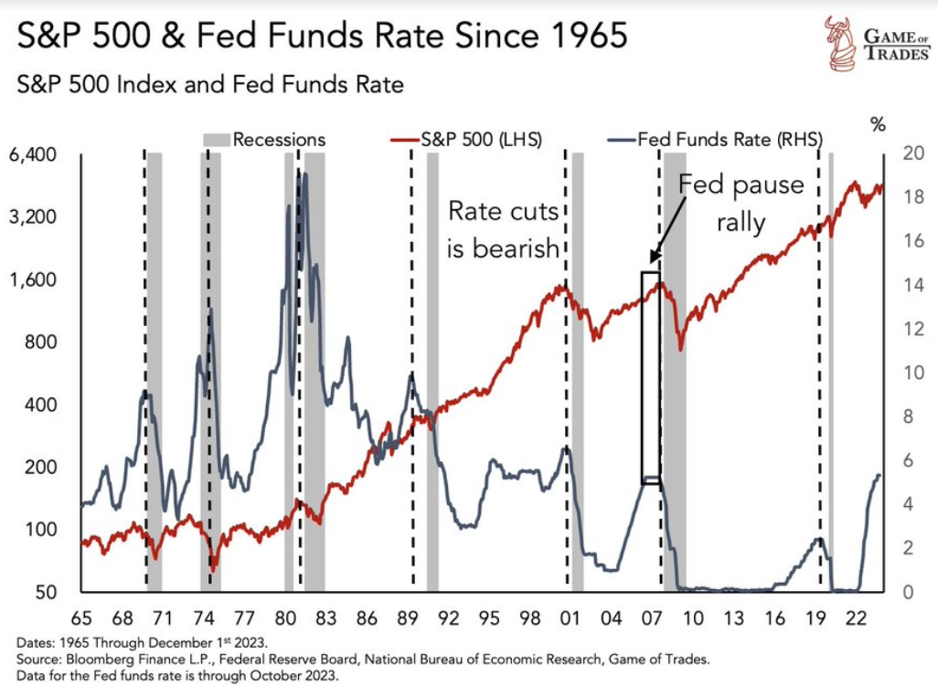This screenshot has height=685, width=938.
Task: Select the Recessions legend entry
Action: click(265, 140)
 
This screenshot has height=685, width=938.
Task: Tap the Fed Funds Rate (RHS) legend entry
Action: click(714, 140)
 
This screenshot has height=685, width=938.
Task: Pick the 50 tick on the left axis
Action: click(47, 592)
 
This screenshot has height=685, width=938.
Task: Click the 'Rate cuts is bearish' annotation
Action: click(504, 229)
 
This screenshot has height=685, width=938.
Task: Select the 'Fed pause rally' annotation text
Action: click(741, 204)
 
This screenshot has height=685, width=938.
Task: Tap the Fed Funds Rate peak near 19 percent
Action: click(303, 175)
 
